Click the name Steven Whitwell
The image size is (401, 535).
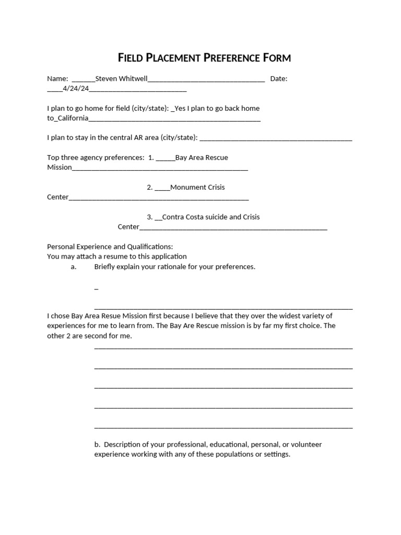tap(122, 79)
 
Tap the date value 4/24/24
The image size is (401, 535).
tap(76, 89)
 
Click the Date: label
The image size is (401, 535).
tap(279, 79)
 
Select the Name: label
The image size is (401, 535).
tap(57, 79)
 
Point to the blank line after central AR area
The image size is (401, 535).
tap(276, 138)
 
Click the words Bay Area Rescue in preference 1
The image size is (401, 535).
tap(202, 157)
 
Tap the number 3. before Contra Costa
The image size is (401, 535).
tap(149, 217)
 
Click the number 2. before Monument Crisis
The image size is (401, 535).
tap(149, 187)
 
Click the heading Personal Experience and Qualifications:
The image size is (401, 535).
tap(110, 247)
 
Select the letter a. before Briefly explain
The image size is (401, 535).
tap(74, 267)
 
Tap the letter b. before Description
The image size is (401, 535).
tap(97, 445)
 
